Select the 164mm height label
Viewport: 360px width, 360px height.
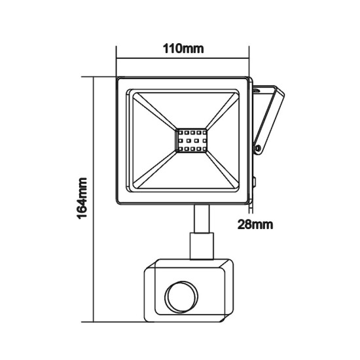tap(82, 198)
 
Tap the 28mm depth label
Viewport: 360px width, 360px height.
tap(254, 225)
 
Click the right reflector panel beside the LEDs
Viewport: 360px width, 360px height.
tap(226, 141)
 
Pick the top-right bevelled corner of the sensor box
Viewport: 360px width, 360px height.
tap(230, 264)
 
